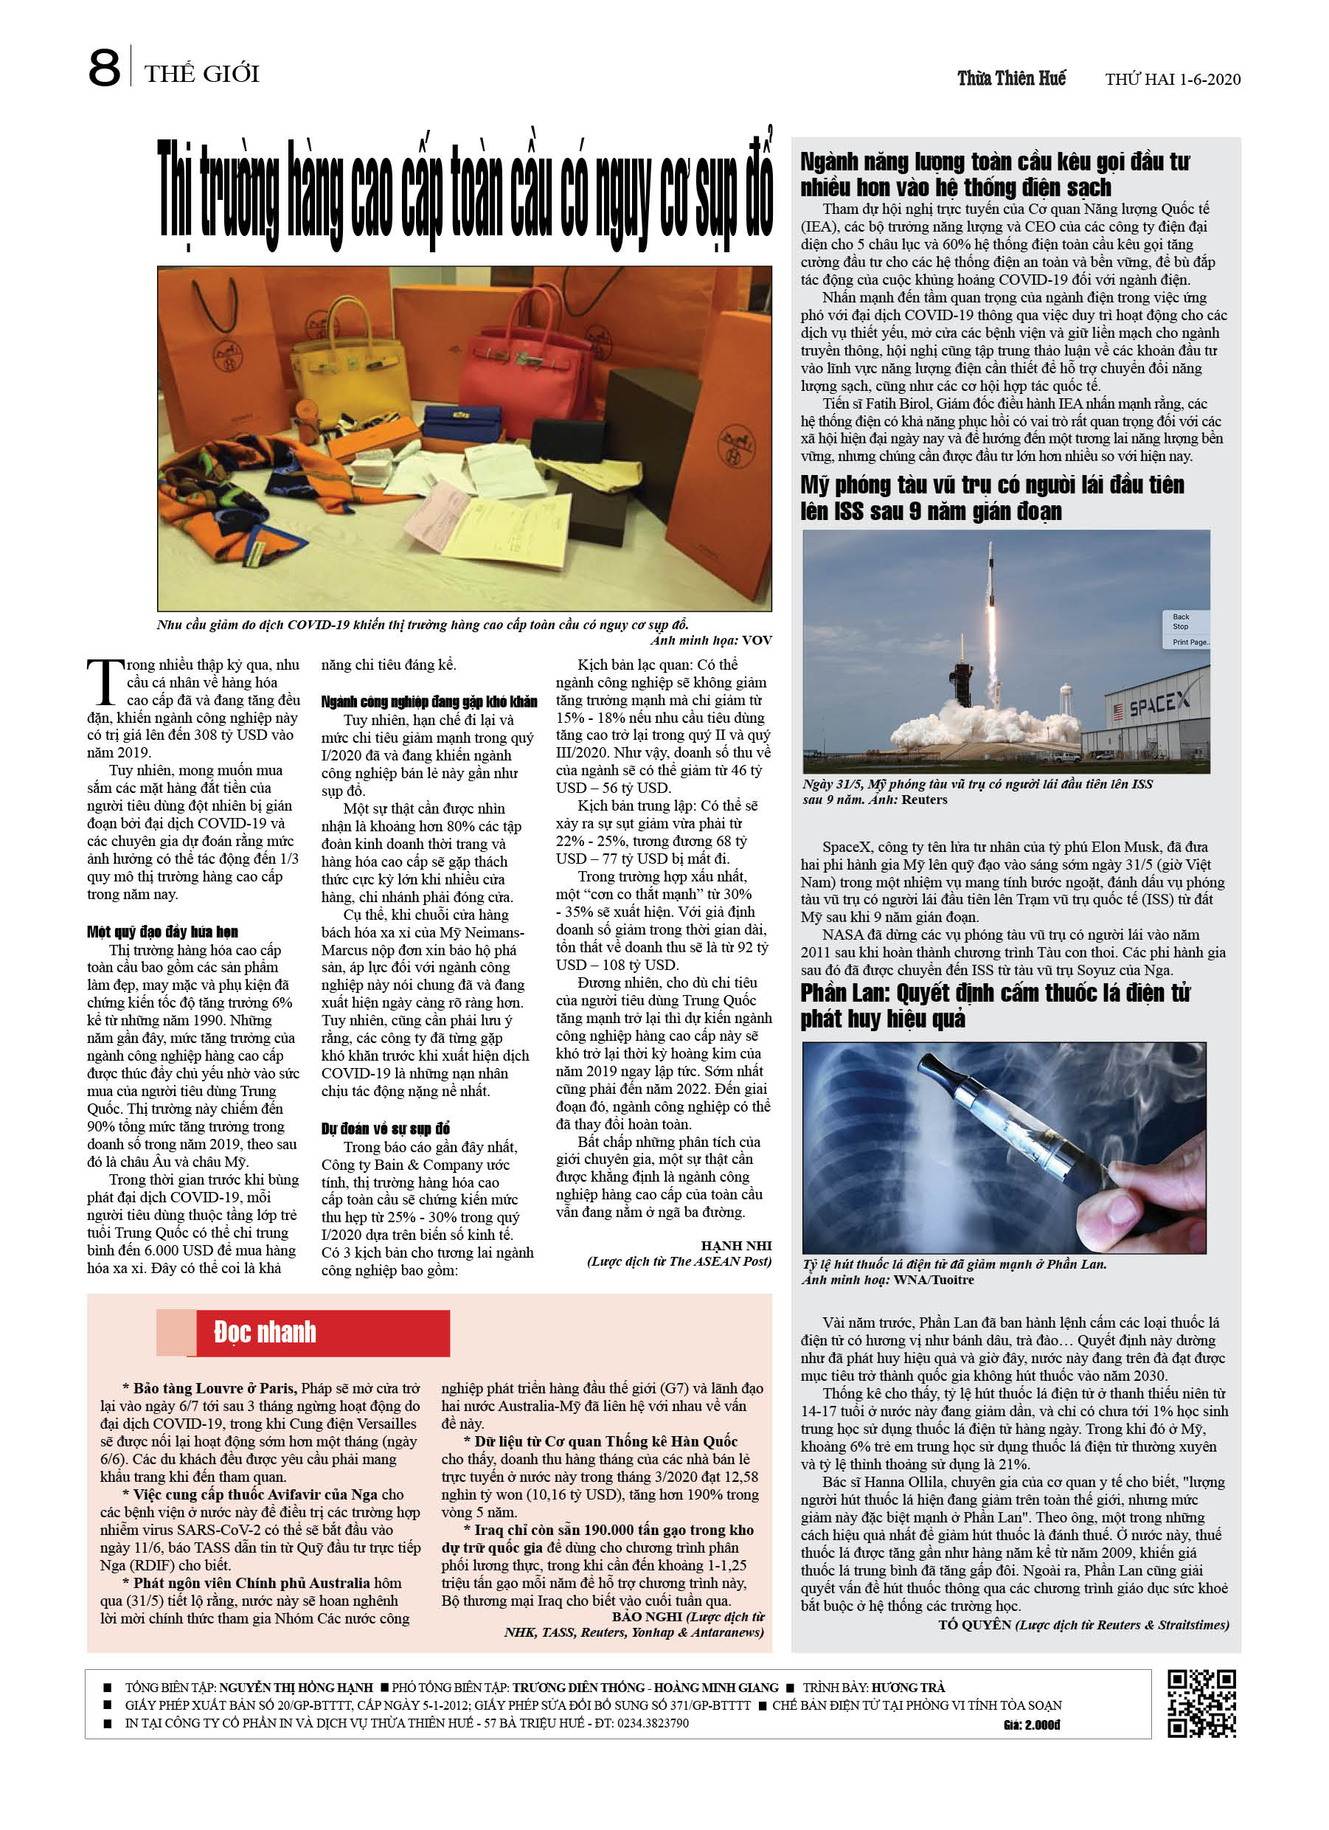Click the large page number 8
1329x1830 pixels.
pyautogui.click(x=104, y=69)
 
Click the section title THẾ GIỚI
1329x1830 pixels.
pyautogui.click(x=202, y=74)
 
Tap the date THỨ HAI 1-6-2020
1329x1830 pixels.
pyautogui.click(x=1173, y=79)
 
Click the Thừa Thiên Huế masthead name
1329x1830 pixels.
pyautogui.click(x=1011, y=78)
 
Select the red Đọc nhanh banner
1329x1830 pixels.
pyautogui.click(x=323, y=1332)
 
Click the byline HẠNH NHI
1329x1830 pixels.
pyautogui.click(x=736, y=1245)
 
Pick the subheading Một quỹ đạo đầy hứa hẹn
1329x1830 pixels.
pyautogui.click(x=162, y=932)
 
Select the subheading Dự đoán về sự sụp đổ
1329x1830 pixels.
pyautogui.click(x=386, y=1128)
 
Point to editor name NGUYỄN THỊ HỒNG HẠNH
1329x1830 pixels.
pyautogui.click(x=296, y=1686)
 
